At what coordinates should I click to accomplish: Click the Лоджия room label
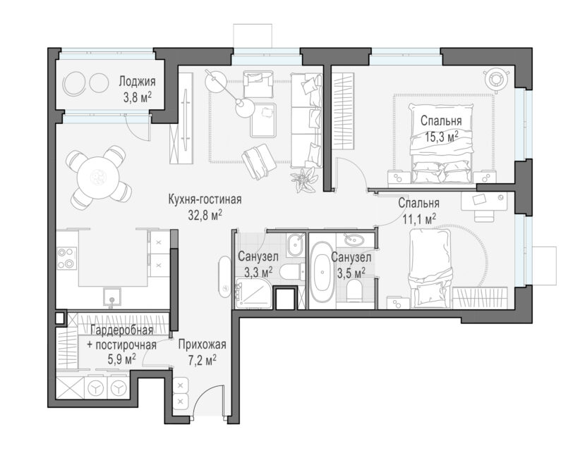[x=137, y=81]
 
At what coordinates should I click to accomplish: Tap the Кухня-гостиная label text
[x=205, y=199]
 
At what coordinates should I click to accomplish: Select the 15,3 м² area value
[x=441, y=137]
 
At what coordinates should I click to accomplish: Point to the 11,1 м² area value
[x=418, y=219]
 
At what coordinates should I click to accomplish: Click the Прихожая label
[x=202, y=345]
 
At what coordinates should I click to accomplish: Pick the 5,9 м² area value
[x=121, y=359]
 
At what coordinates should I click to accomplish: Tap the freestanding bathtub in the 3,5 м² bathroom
[x=322, y=272]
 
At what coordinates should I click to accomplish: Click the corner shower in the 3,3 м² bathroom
[x=253, y=292]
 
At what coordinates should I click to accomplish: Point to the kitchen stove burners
[x=67, y=258]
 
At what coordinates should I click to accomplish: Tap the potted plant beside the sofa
[x=305, y=179]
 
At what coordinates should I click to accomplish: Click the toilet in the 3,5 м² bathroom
[x=356, y=290]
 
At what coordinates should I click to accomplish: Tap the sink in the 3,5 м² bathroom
[x=354, y=240]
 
